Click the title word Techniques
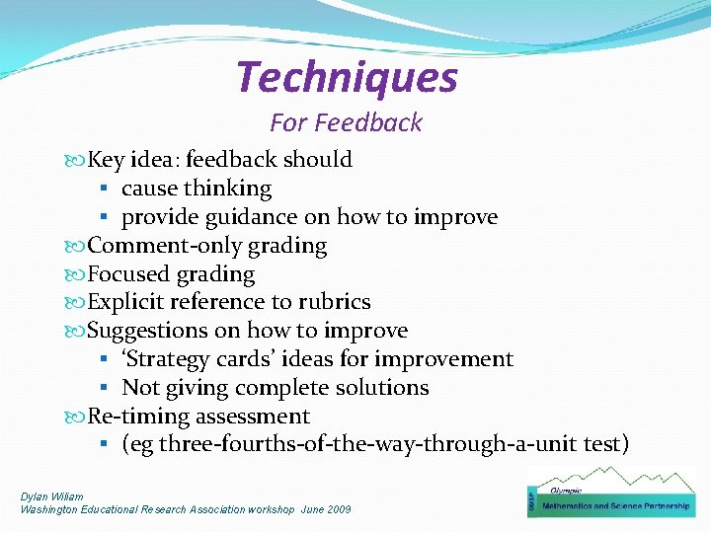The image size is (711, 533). coord(347,78)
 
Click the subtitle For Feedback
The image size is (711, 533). coord(346,122)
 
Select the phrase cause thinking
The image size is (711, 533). coord(197,188)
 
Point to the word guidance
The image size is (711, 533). coord(248,216)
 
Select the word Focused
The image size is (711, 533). coord(129,273)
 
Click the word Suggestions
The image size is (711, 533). coord(149,331)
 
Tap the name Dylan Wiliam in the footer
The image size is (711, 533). coord(52,496)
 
